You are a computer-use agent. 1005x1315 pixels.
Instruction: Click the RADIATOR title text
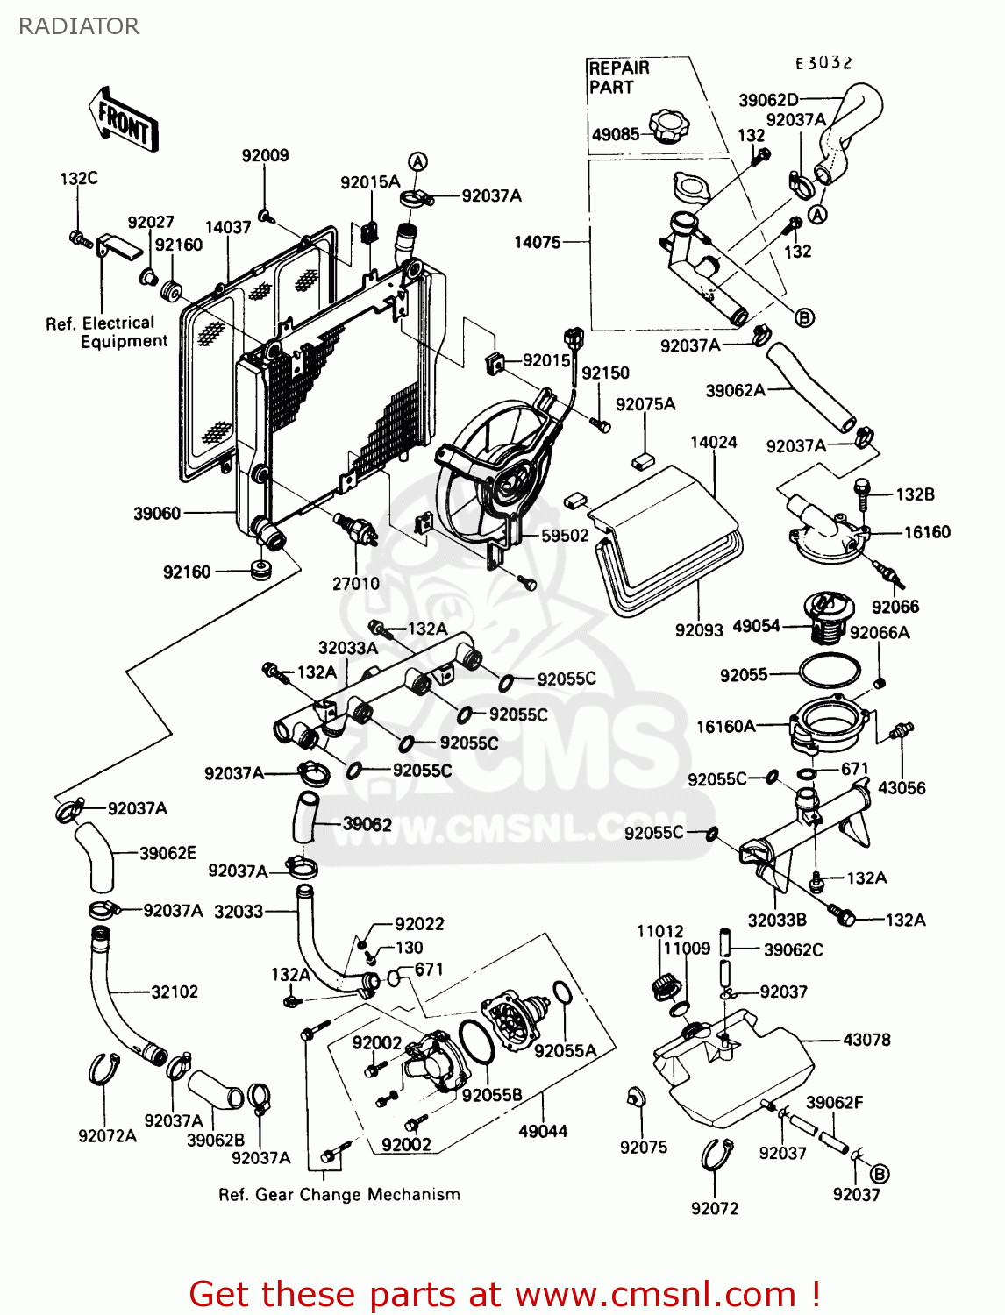coord(79,26)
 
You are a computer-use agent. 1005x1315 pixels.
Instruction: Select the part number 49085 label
coord(615,135)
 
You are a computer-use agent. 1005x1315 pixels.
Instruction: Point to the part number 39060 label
coord(157,514)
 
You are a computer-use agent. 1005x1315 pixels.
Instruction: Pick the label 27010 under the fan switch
coord(356,583)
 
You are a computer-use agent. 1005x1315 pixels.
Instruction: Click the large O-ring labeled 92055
coord(829,672)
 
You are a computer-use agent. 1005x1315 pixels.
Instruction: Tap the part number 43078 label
coord(866,1040)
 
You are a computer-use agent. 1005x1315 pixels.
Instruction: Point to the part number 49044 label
coord(543,1131)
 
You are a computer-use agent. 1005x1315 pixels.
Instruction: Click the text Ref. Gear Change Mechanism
coord(339,1194)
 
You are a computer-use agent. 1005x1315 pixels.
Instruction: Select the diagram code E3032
coord(823,63)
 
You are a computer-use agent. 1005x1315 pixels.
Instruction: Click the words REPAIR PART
coord(618,78)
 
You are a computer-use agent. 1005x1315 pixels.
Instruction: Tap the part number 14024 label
coord(713,443)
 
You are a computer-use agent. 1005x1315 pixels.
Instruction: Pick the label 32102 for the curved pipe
coord(175,992)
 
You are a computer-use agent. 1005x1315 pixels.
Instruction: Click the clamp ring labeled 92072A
coord(104,1070)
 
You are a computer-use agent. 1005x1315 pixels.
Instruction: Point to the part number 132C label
coord(79,178)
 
